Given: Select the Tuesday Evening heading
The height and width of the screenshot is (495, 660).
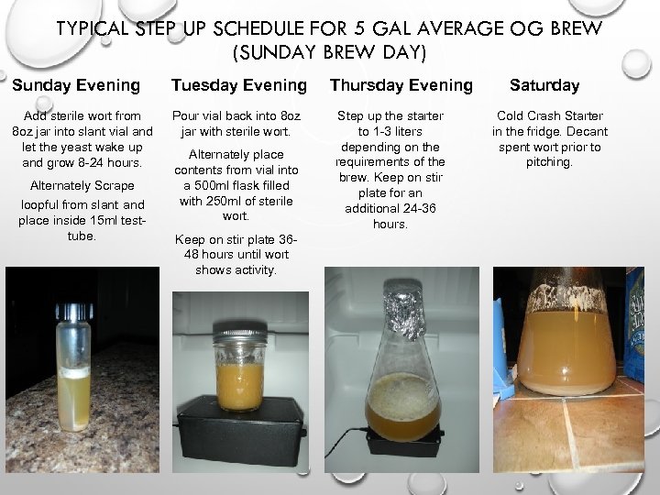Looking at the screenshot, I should pos(239,85).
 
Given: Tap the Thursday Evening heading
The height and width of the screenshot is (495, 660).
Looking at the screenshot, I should pos(401,85).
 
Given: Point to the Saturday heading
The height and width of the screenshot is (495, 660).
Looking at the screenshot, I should pos(545,85).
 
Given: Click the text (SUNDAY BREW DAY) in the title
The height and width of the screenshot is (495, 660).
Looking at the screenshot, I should pos(330,53).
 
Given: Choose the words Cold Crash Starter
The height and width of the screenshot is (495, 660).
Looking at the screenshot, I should pos(550,116).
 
